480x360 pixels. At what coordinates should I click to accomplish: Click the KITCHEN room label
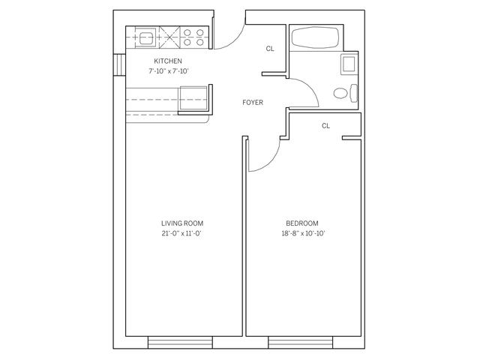167,61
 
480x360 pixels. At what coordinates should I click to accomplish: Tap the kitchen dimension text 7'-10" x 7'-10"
167,71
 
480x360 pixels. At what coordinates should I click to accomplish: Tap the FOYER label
252,102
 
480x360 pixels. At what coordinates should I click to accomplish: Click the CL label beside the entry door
270,49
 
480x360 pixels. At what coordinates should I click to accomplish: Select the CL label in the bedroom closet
325,126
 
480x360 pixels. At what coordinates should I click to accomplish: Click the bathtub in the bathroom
314,39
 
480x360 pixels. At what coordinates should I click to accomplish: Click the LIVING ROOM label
182,223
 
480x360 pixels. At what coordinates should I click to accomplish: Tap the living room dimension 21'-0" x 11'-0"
182,234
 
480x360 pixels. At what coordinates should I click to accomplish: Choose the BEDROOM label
302,223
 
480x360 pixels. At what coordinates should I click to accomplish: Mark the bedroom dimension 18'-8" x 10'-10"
302,234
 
